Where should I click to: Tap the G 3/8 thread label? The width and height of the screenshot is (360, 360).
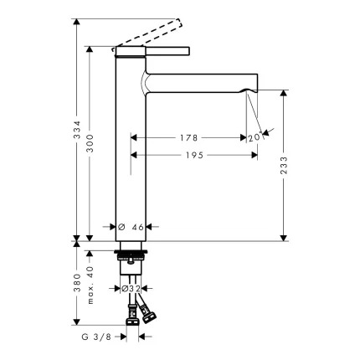click(x=97, y=338)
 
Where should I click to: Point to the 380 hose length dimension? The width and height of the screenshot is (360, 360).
click(x=76, y=287)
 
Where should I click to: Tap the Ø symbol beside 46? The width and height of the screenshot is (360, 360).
click(x=122, y=226)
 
